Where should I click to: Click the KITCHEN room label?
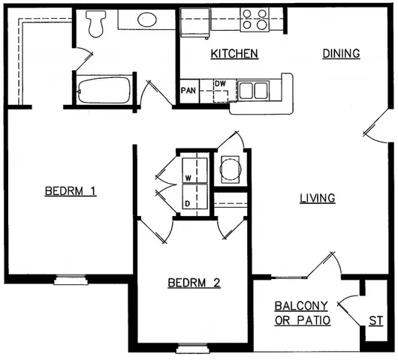click(234, 54)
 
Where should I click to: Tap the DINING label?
click(342, 54)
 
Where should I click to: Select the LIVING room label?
click(317, 198)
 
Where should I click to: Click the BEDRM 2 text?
click(193, 283)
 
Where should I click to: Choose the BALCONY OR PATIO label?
click(303, 313)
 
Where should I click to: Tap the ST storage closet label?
click(375, 321)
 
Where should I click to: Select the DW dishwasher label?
click(219, 84)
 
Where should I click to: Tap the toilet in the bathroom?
click(95, 24)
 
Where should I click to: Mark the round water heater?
click(229, 170)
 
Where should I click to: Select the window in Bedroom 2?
click(192, 347)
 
